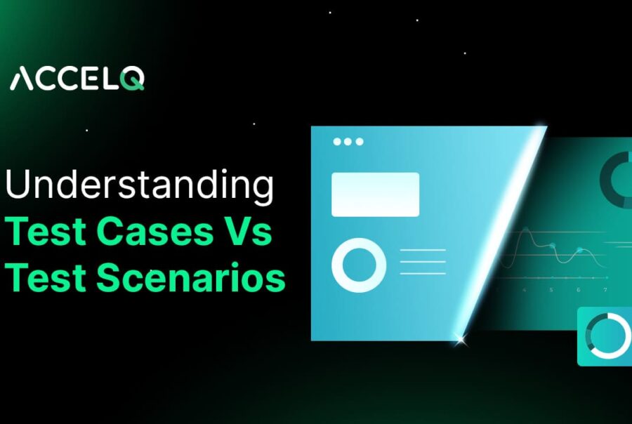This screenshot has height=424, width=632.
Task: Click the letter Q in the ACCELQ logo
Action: pos(133,79)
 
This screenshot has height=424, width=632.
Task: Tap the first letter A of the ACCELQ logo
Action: pos(22,79)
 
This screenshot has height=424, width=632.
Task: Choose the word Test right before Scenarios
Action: pos(46,277)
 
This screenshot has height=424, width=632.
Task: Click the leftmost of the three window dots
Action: pos(337,141)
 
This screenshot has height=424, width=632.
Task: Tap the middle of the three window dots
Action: pos(348,141)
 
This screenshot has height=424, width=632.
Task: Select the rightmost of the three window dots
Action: pos(360,141)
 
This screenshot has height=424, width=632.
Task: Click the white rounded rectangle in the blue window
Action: pos(375,194)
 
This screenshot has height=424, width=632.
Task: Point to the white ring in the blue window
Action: pos(359,265)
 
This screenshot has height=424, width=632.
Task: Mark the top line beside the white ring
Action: pos(422,250)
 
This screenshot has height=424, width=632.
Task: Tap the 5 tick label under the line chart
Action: pos(551,289)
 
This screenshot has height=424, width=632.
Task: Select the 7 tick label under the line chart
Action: pos(605,289)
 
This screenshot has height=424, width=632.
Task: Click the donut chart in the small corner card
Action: pos(607,336)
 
